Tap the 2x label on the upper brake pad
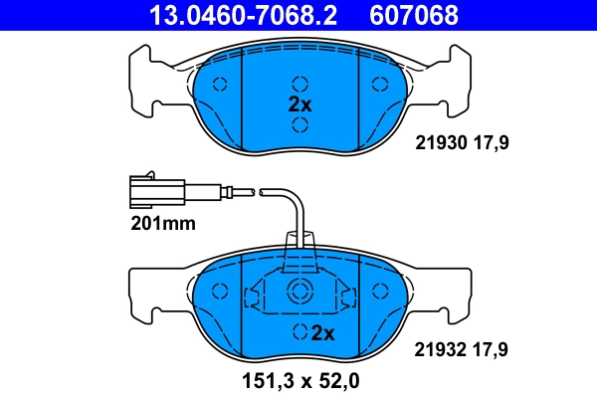[300, 103]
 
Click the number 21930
[439, 143]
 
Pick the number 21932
[439, 348]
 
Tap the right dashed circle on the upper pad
[378, 84]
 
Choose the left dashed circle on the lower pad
[223, 291]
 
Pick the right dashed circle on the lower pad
[378, 291]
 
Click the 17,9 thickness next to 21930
[490, 143]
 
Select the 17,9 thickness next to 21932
[490, 348]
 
